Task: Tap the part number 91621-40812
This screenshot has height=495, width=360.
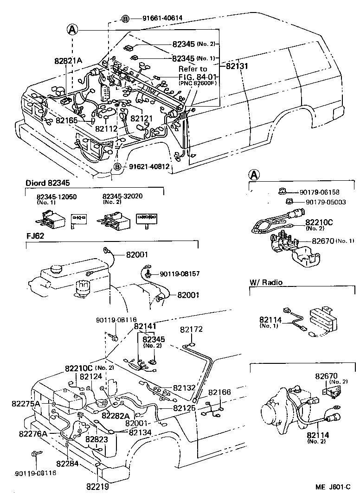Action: tap(148, 166)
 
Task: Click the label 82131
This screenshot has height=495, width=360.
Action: tap(238, 66)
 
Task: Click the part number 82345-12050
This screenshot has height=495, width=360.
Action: tap(57, 197)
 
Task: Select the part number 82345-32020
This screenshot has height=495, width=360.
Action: tap(122, 196)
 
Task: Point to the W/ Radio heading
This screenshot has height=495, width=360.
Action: tap(266, 282)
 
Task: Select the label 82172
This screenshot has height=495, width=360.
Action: tap(191, 330)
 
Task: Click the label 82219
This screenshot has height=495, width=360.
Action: tap(97, 486)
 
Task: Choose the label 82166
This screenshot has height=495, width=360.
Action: tap(219, 392)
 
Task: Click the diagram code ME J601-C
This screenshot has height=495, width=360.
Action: tap(334, 486)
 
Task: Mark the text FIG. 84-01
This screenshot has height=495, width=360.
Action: tap(198, 76)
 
